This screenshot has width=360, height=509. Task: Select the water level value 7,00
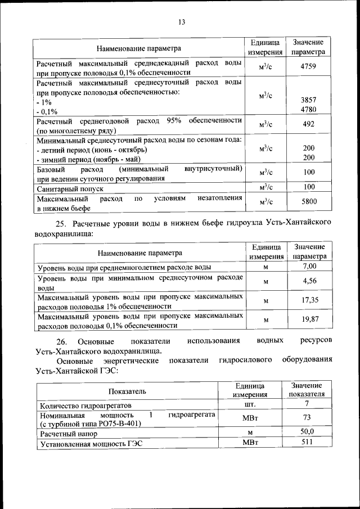coord(309,266)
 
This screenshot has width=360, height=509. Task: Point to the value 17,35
coord(309,300)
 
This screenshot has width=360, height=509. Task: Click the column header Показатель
coord(128,390)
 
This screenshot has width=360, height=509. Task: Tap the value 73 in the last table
coord(307,417)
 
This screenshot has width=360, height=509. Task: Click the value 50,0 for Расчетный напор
coord(307,431)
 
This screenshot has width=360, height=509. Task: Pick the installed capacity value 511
coord(307,442)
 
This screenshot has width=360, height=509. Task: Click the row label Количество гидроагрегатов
coord(84,405)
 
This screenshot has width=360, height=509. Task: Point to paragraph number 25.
coord(62,222)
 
